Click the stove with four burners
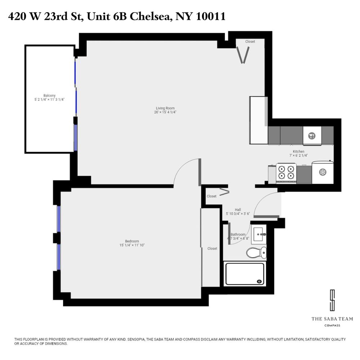286,173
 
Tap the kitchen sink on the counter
312,136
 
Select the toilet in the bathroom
256,252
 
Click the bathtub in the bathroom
245,274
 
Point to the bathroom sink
259,234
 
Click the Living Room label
165,108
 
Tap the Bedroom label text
132,241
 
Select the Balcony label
49,95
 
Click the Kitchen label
298,152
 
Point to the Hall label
238,210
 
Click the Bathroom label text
238,234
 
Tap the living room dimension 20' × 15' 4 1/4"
165,112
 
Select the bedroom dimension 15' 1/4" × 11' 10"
132,245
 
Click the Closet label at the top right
250,42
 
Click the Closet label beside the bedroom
212,248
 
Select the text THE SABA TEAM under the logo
332,319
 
